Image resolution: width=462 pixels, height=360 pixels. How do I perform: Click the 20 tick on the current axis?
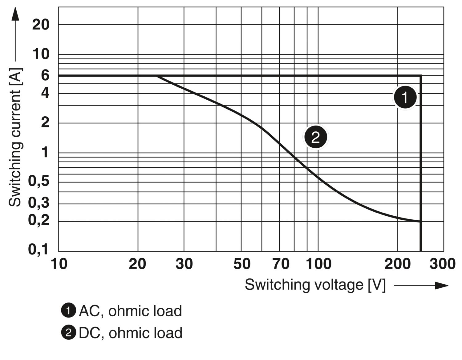pos(41,24)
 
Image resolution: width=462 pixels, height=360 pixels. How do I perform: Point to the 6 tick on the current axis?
pos(45,75)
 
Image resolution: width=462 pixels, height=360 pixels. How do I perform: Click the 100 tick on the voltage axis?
pos(319,264)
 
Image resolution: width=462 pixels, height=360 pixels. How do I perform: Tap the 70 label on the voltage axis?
pos(281,264)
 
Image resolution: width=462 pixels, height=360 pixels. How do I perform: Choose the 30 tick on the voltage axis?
pos(184,264)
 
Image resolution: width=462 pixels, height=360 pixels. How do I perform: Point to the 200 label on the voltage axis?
pos(398,264)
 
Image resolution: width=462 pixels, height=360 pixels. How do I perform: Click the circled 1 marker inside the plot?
pos(405,97)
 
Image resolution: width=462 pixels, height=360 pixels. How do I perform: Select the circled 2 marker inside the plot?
pos(316,137)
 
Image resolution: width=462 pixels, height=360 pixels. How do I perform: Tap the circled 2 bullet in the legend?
pos(68,333)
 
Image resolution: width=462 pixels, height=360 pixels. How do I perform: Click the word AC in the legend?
pos(89,311)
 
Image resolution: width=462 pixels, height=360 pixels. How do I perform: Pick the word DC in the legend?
pos(89,333)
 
